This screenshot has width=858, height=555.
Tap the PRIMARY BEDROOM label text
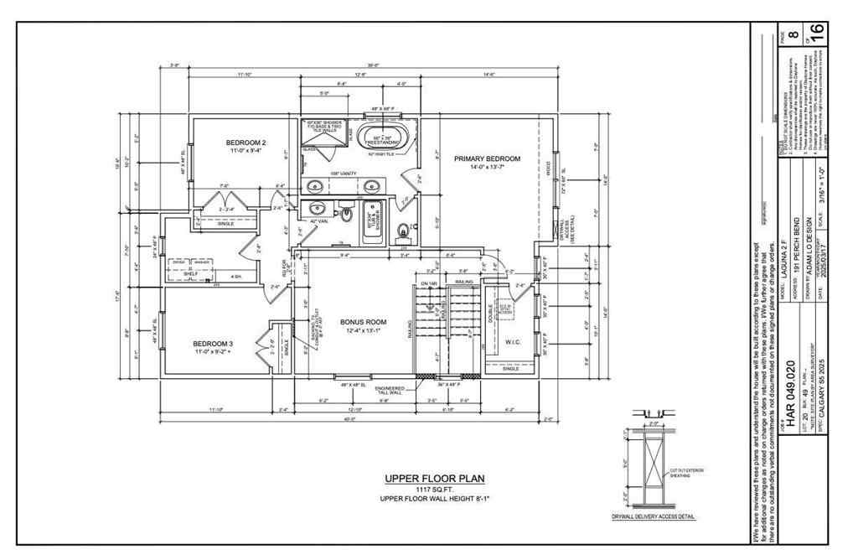487,158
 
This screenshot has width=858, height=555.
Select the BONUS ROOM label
363,322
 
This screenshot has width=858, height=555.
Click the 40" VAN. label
318,221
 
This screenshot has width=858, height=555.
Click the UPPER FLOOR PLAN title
434,479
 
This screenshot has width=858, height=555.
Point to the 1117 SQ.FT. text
434,490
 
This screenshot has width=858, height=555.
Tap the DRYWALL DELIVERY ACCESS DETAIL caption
655,517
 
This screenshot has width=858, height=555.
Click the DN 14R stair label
429,283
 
